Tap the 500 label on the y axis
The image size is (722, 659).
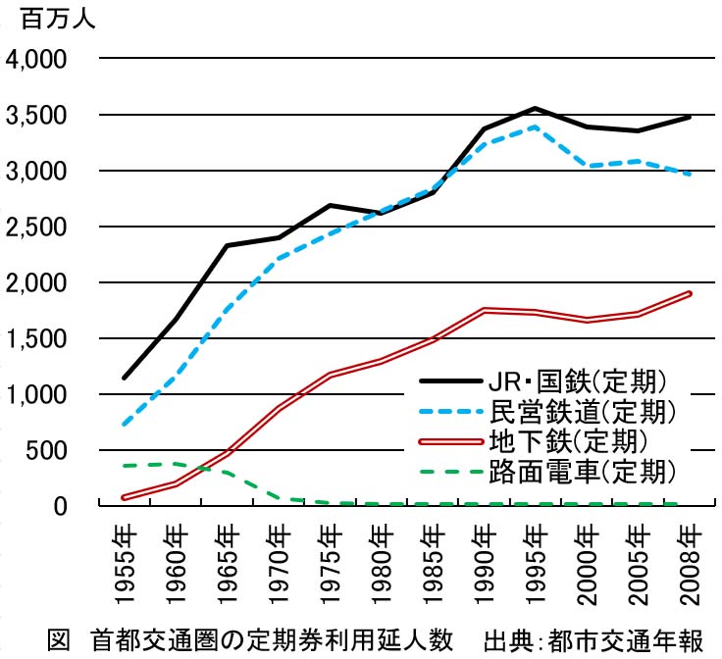(48, 450)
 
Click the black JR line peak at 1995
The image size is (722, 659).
(534, 108)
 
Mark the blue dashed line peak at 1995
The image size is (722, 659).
(534, 127)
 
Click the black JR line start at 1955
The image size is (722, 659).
(124, 378)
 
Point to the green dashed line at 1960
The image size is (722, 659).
(175, 464)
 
